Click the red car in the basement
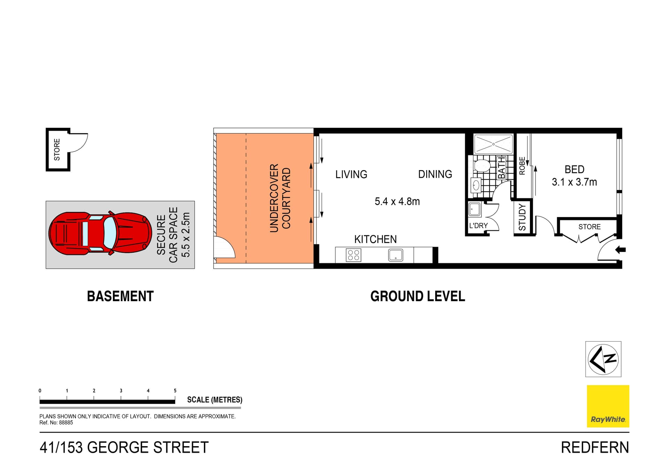tap(100, 233)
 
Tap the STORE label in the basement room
tap(57, 150)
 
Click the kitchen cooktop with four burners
tap(353, 255)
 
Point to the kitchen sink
tap(395, 255)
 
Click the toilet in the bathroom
tap(482, 166)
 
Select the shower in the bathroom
tap(493, 144)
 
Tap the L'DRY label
tap(478, 226)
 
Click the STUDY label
tap(522, 217)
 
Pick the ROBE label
tap(522, 166)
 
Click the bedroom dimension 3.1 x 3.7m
tap(574, 182)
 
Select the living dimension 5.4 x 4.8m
tap(397, 201)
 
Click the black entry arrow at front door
tap(621, 250)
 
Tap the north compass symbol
tap(603, 359)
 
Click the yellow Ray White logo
tap(608, 406)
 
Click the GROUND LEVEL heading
tap(417, 296)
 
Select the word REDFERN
tap(594, 448)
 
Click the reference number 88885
tap(66, 423)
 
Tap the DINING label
tap(435, 174)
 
